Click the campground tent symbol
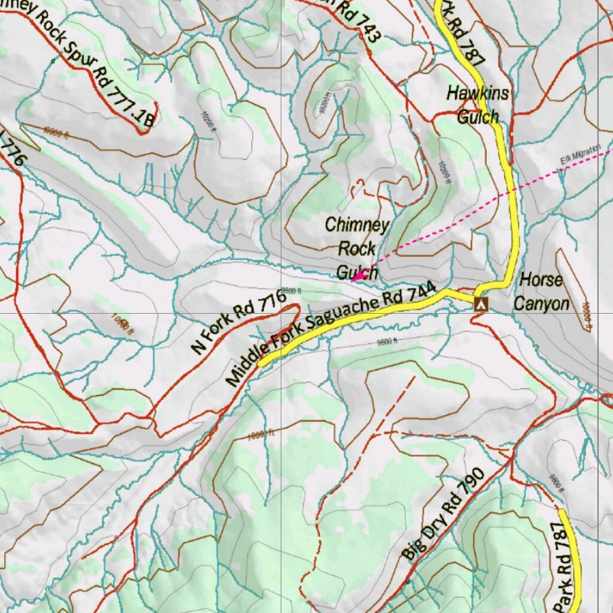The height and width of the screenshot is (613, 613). [480, 304]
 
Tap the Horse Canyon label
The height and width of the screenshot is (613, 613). [541, 292]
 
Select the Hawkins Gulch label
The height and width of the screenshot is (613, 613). [478, 104]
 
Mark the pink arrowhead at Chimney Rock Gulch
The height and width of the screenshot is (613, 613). [356, 277]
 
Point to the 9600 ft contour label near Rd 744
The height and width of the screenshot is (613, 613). [387, 342]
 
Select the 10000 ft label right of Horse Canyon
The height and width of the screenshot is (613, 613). [587, 317]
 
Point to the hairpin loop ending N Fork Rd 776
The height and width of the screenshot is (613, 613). [295, 308]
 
